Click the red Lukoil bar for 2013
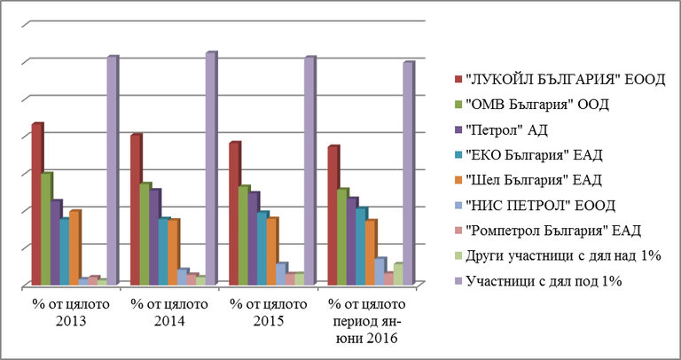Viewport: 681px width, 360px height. point(36,204)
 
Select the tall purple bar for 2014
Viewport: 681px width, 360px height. point(209,168)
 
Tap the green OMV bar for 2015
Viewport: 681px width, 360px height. point(243,236)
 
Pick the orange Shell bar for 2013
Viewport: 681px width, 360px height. point(74,248)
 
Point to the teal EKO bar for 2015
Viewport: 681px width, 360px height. point(262,249)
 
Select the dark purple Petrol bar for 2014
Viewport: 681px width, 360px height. point(154,238)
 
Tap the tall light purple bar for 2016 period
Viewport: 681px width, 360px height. point(407,174)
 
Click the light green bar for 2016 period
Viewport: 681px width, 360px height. point(397,275)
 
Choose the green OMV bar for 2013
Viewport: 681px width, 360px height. point(46,229)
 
